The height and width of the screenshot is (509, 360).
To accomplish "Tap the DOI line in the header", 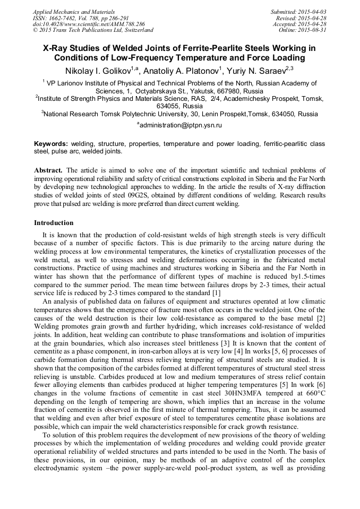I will point(89,24).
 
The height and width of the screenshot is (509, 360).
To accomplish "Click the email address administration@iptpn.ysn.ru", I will point(181,125).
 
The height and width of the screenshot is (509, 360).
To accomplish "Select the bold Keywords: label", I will point(51,144).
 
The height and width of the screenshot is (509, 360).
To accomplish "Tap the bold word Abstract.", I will point(49,170).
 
